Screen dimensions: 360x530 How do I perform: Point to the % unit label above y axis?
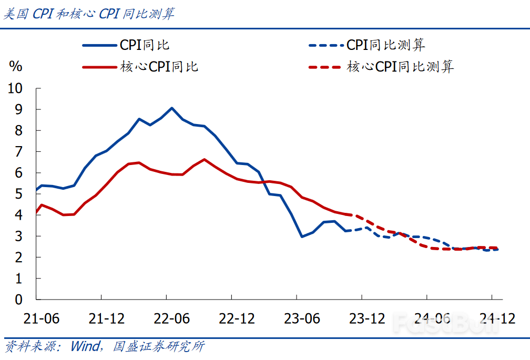(16, 66)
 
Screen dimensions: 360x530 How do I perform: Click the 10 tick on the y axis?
(16, 88)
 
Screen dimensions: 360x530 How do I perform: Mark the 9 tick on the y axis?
(19, 109)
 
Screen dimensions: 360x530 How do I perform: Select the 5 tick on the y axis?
(19, 194)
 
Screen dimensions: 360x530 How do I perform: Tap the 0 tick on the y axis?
(19, 300)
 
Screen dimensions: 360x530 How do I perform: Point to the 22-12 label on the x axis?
(231, 318)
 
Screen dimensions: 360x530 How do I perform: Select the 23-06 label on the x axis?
(297, 318)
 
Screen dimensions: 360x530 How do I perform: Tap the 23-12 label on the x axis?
(362, 318)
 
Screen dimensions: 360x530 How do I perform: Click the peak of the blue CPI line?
(172, 108)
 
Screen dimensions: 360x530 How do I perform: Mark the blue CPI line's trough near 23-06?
(302, 236)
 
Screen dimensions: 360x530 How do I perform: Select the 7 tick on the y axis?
(19, 152)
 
